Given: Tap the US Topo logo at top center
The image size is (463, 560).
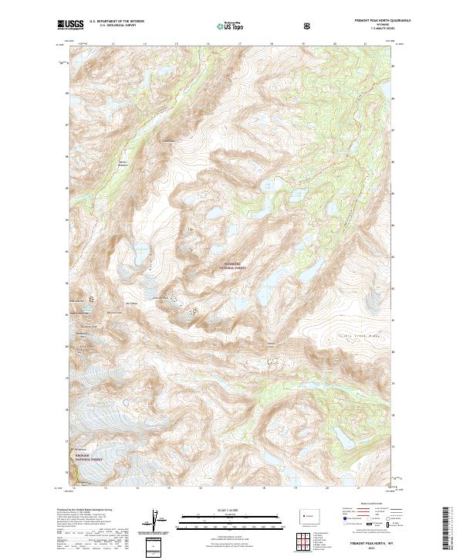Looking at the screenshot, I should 224,25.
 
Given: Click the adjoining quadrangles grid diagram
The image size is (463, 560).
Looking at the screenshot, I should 309,539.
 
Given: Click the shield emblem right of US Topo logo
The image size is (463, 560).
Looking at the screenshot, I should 309,25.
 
